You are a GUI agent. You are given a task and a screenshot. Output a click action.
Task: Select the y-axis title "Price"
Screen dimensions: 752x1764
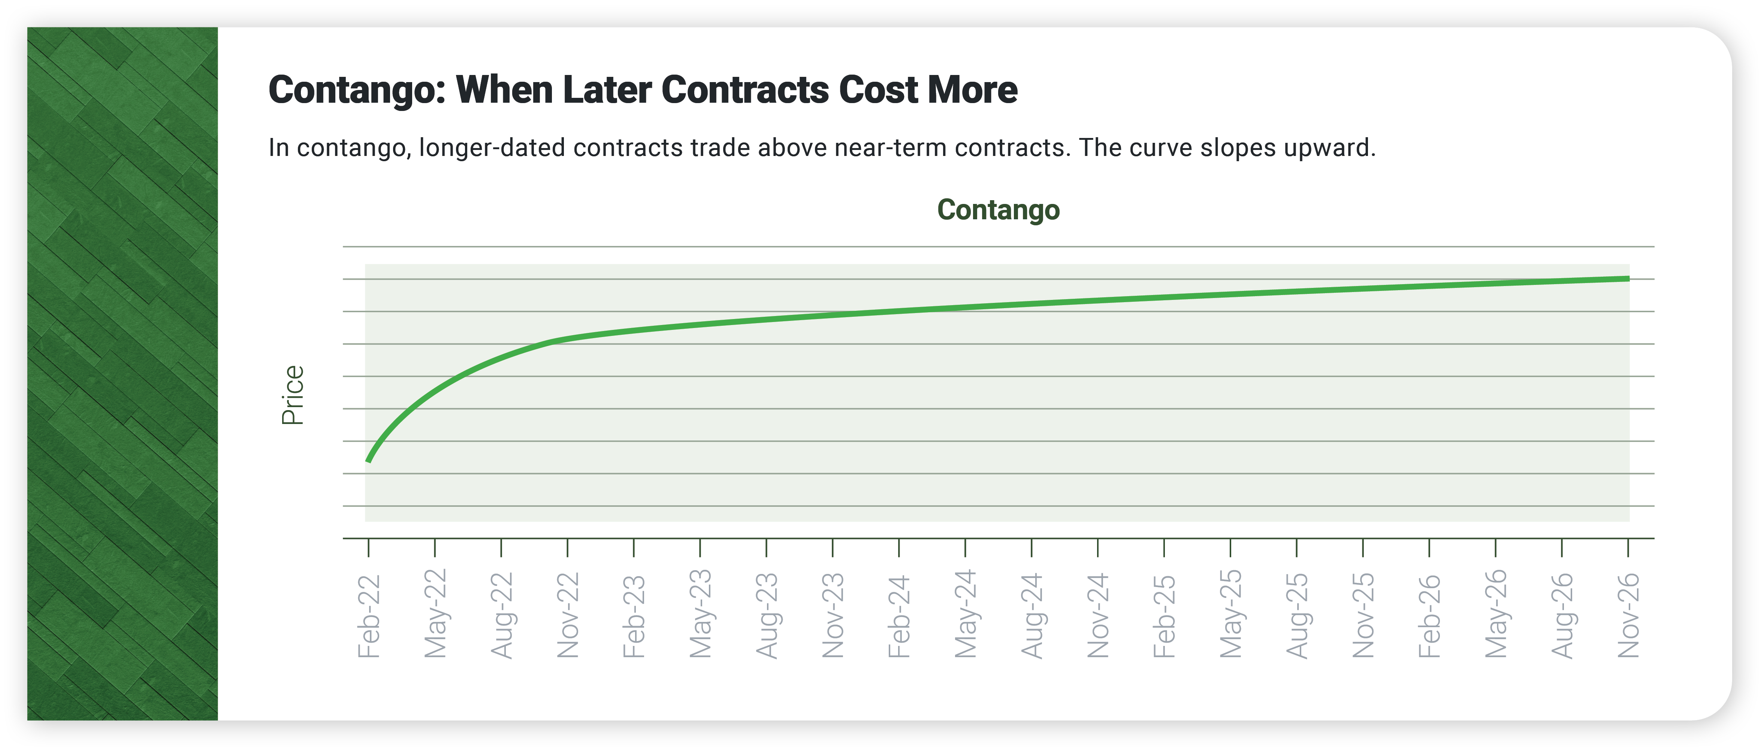[x=293, y=395]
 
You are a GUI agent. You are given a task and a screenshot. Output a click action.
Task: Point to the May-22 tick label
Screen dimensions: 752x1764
[x=435, y=613]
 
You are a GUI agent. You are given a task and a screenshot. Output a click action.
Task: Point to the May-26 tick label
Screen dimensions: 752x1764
[x=1496, y=613]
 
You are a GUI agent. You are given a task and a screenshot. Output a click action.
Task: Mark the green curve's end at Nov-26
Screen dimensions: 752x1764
[x=1628, y=279]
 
